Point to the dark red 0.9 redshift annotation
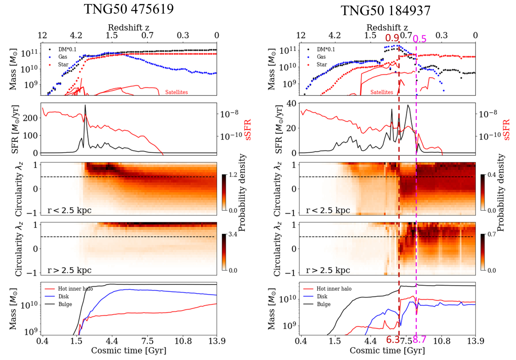coord(392,38)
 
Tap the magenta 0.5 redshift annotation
coord(420,38)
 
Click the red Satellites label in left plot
coord(177,92)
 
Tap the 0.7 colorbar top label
coord(491,236)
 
